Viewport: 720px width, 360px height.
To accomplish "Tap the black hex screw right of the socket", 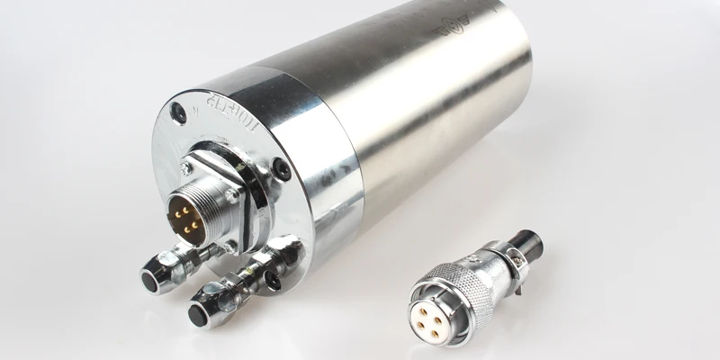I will [281, 169].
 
